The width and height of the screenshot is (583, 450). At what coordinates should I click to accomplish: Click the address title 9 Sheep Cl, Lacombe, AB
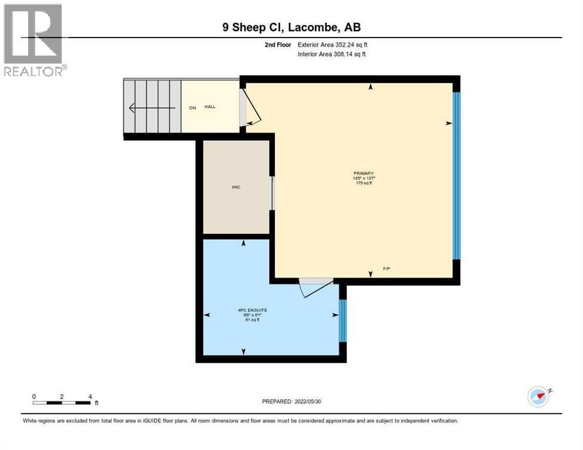pyautogui.click(x=291, y=27)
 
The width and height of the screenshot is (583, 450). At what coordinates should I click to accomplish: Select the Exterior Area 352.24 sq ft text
pyautogui.click(x=333, y=45)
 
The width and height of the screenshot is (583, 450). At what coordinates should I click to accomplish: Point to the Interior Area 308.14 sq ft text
pyautogui.click(x=333, y=54)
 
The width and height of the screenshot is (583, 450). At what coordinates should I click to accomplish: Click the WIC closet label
pyautogui.click(x=236, y=187)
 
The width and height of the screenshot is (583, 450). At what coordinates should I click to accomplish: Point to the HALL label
pyautogui.click(x=210, y=107)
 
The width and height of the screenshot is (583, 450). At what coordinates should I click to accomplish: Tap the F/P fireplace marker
pyautogui.click(x=387, y=268)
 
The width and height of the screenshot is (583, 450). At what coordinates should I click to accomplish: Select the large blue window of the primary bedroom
pyautogui.click(x=457, y=175)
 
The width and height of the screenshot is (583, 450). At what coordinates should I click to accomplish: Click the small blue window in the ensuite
pyautogui.click(x=343, y=321)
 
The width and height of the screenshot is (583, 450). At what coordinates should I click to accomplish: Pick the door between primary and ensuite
pyautogui.click(x=316, y=287)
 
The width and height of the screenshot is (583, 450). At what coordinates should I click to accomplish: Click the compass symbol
pyautogui.click(x=538, y=396)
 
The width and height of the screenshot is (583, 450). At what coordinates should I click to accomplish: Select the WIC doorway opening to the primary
pyautogui.click(x=272, y=193)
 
